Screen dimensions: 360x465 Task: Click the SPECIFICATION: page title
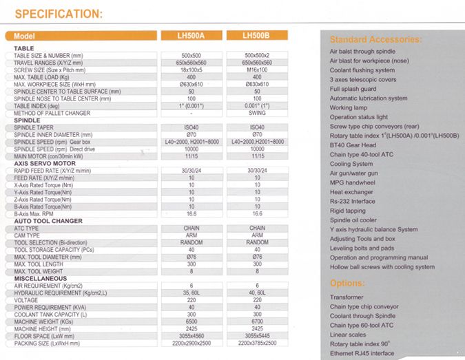pos(59,13)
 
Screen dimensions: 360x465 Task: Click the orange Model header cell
pos(34,36)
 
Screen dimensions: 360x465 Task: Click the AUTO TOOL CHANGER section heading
pos(48,221)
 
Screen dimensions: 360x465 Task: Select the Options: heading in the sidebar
pos(351,283)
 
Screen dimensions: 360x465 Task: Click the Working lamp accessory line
pos(349,108)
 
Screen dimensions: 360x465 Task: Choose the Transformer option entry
pos(351,297)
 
